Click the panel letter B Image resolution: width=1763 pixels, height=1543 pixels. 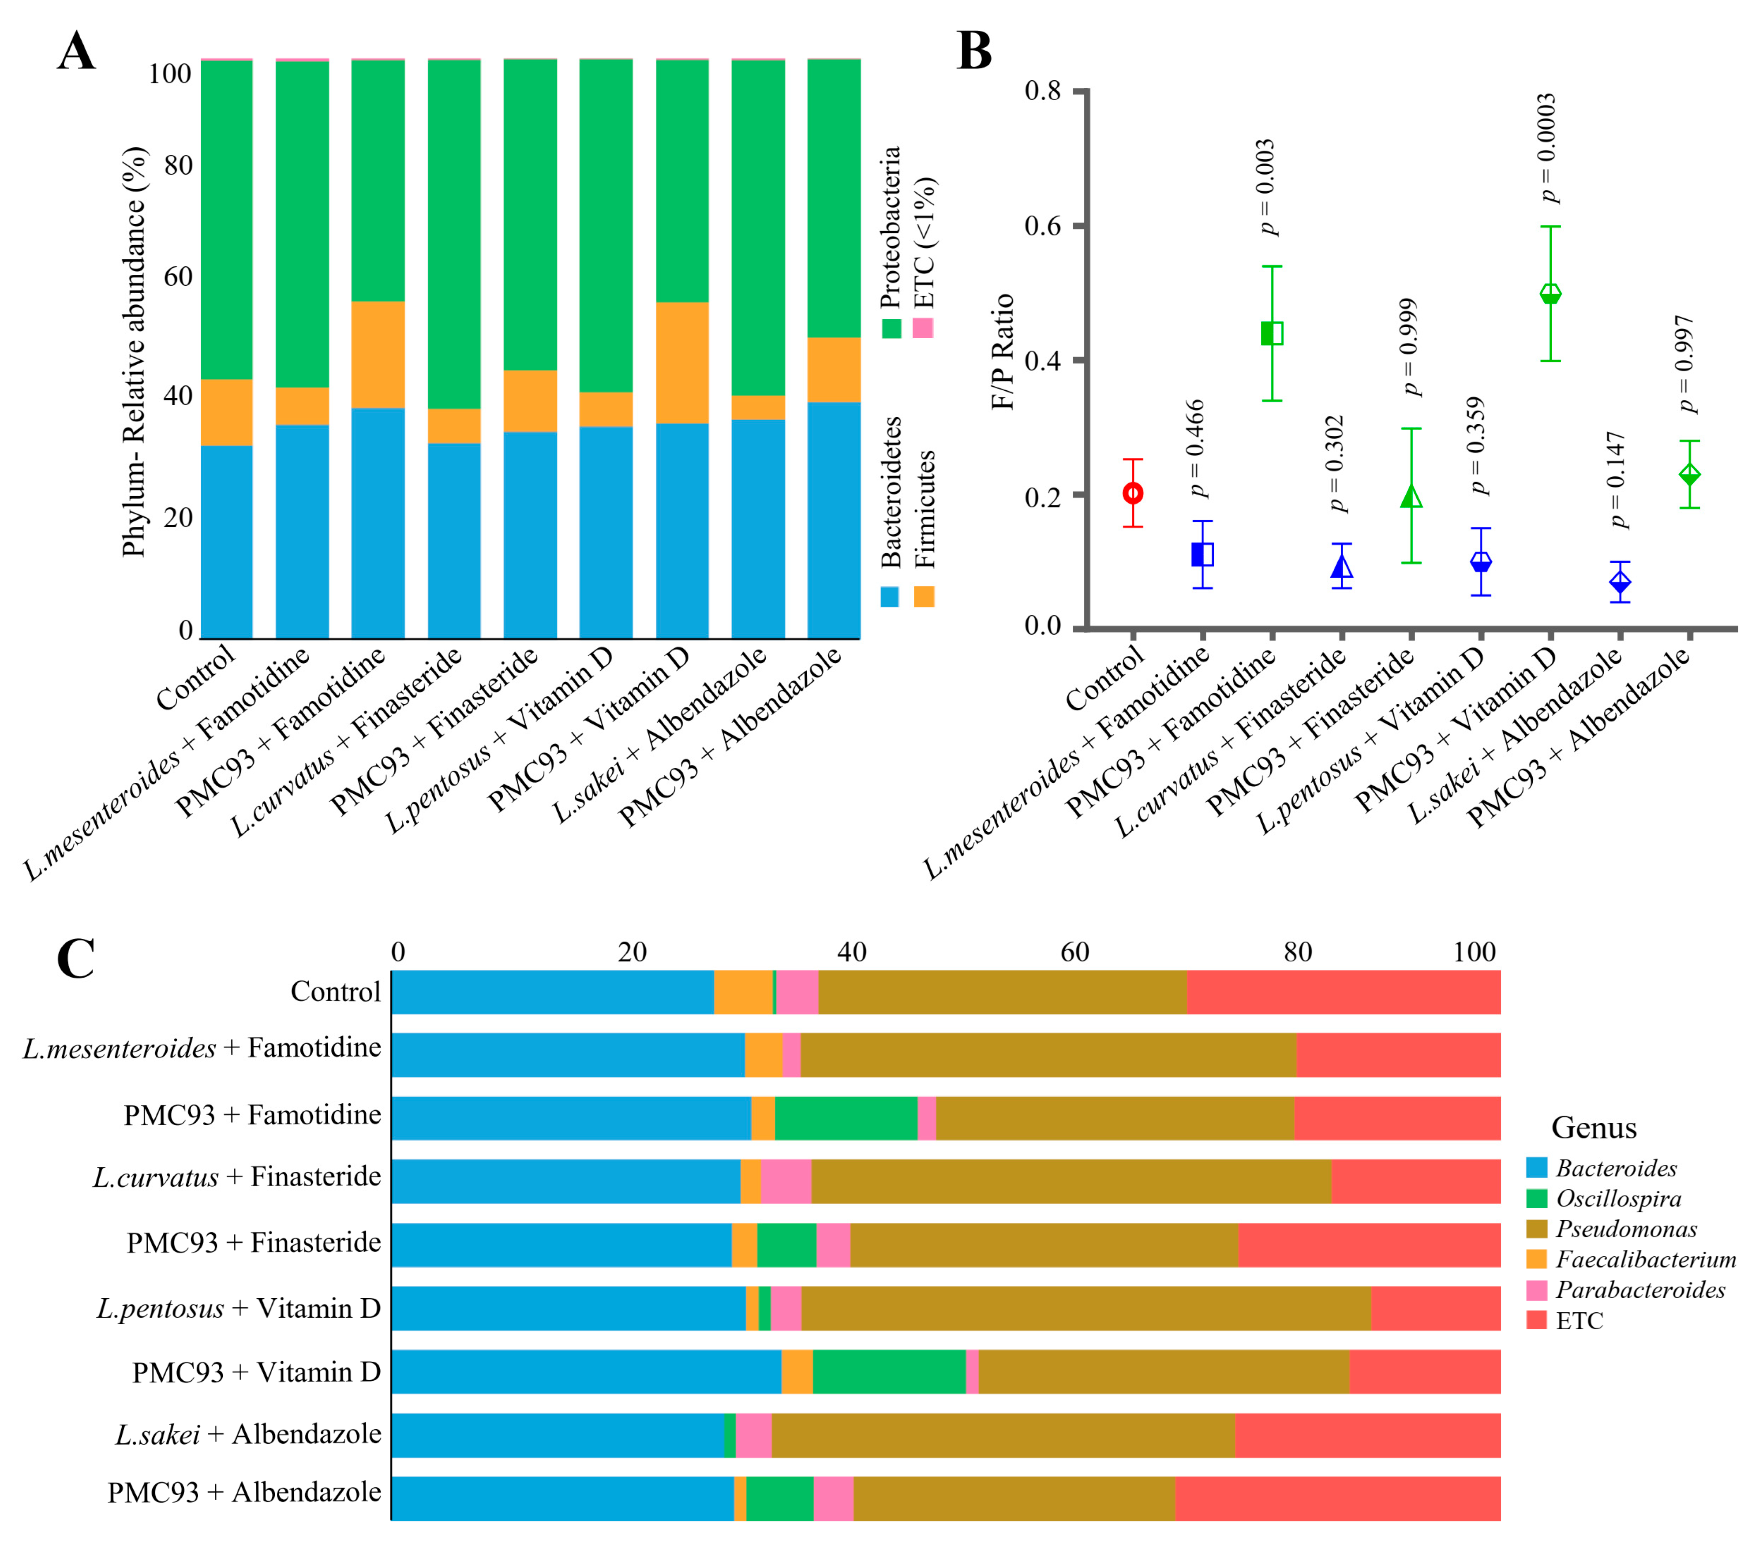pyautogui.click(x=974, y=52)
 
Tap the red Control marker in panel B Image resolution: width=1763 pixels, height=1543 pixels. pyautogui.click(x=1134, y=493)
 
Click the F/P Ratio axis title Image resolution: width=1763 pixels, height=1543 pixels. pyautogui.click(x=1003, y=351)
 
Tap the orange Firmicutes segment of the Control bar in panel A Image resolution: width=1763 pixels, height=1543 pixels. pyautogui.click(x=227, y=412)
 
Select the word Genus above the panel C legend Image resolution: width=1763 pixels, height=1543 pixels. pyautogui.click(x=1593, y=1127)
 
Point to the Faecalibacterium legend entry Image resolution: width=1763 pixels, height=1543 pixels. pyautogui.click(x=1645, y=1259)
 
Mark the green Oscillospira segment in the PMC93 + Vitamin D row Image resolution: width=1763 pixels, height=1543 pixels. pyautogui.click(x=889, y=1371)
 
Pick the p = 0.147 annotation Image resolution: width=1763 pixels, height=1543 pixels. pyautogui.click(x=1617, y=480)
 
